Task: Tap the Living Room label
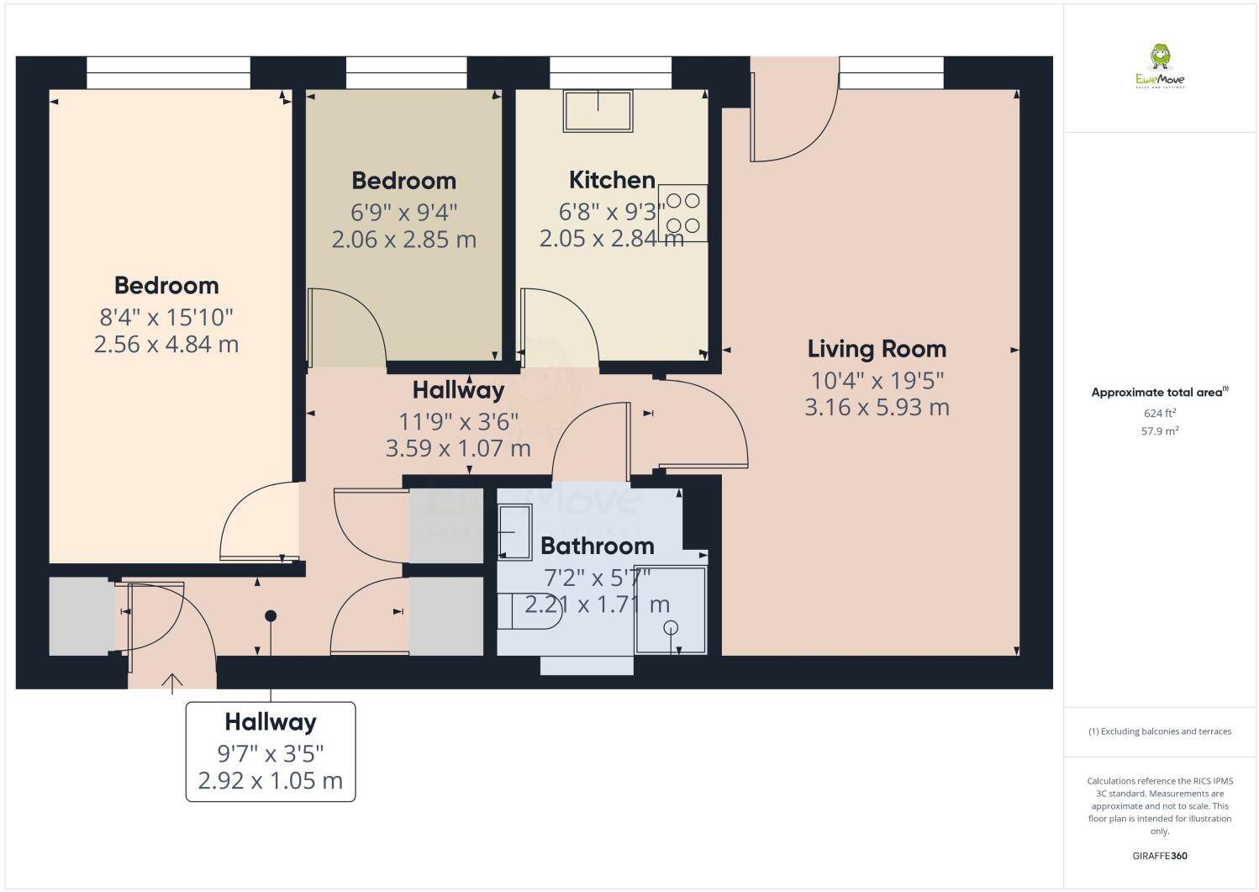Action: click(x=877, y=349)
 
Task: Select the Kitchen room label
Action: click(x=612, y=180)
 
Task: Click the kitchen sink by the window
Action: click(x=598, y=111)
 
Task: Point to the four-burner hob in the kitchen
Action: click(x=682, y=213)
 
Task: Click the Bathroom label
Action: click(x=597, y=546)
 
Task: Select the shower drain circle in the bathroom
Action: click(x=671, y=627)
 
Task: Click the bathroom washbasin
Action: click(x=514, y=531)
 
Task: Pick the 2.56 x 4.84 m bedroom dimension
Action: click(x=166, y=345)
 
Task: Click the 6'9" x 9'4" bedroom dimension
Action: click(x=403, y=211)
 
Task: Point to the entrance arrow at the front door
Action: click(x=172, y=683)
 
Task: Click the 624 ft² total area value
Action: click(x=1160, y=413)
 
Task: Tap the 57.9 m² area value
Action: click(x=1160, y=431)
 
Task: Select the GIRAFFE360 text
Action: click(x=1160, y=856)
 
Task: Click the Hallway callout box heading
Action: click(x=271, y=722)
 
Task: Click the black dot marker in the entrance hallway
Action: click(x=271, y=615)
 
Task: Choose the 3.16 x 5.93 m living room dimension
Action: click(x=877, y=408)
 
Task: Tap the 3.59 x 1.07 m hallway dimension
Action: click(x=458, y=449)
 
